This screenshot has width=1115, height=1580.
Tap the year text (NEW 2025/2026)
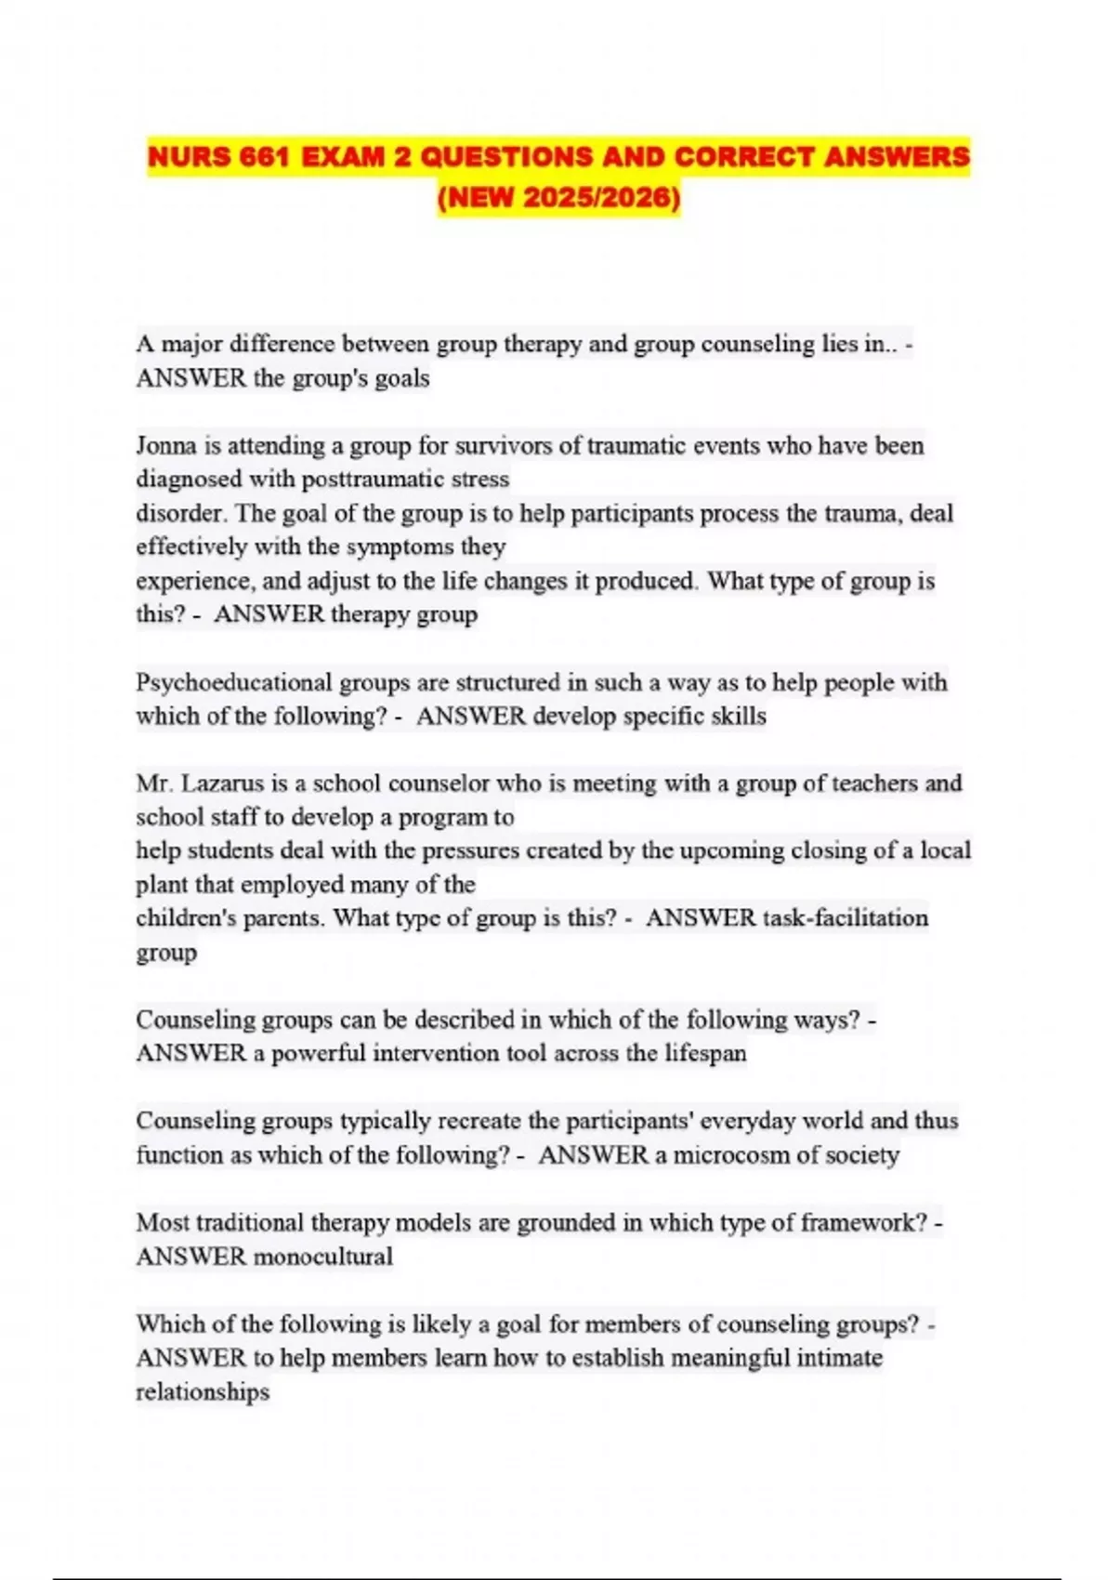click(x=558, y=198)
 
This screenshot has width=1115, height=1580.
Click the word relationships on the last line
click(x=203, y=1392)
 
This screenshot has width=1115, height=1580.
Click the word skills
click(x=739, y=717)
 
